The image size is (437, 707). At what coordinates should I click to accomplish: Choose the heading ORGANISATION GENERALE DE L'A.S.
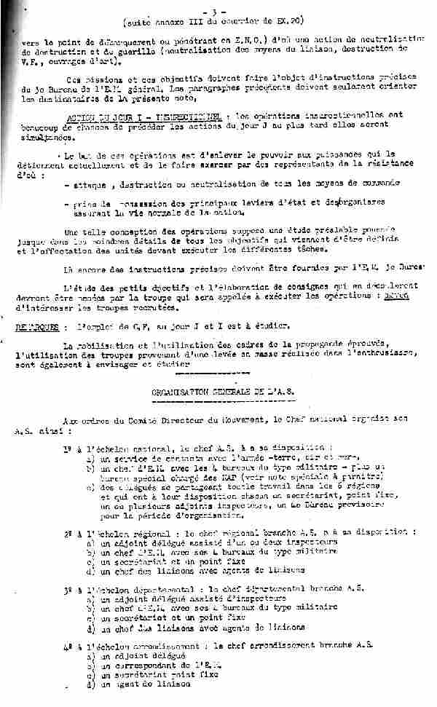pyautogui.click(x=223, y=391)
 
